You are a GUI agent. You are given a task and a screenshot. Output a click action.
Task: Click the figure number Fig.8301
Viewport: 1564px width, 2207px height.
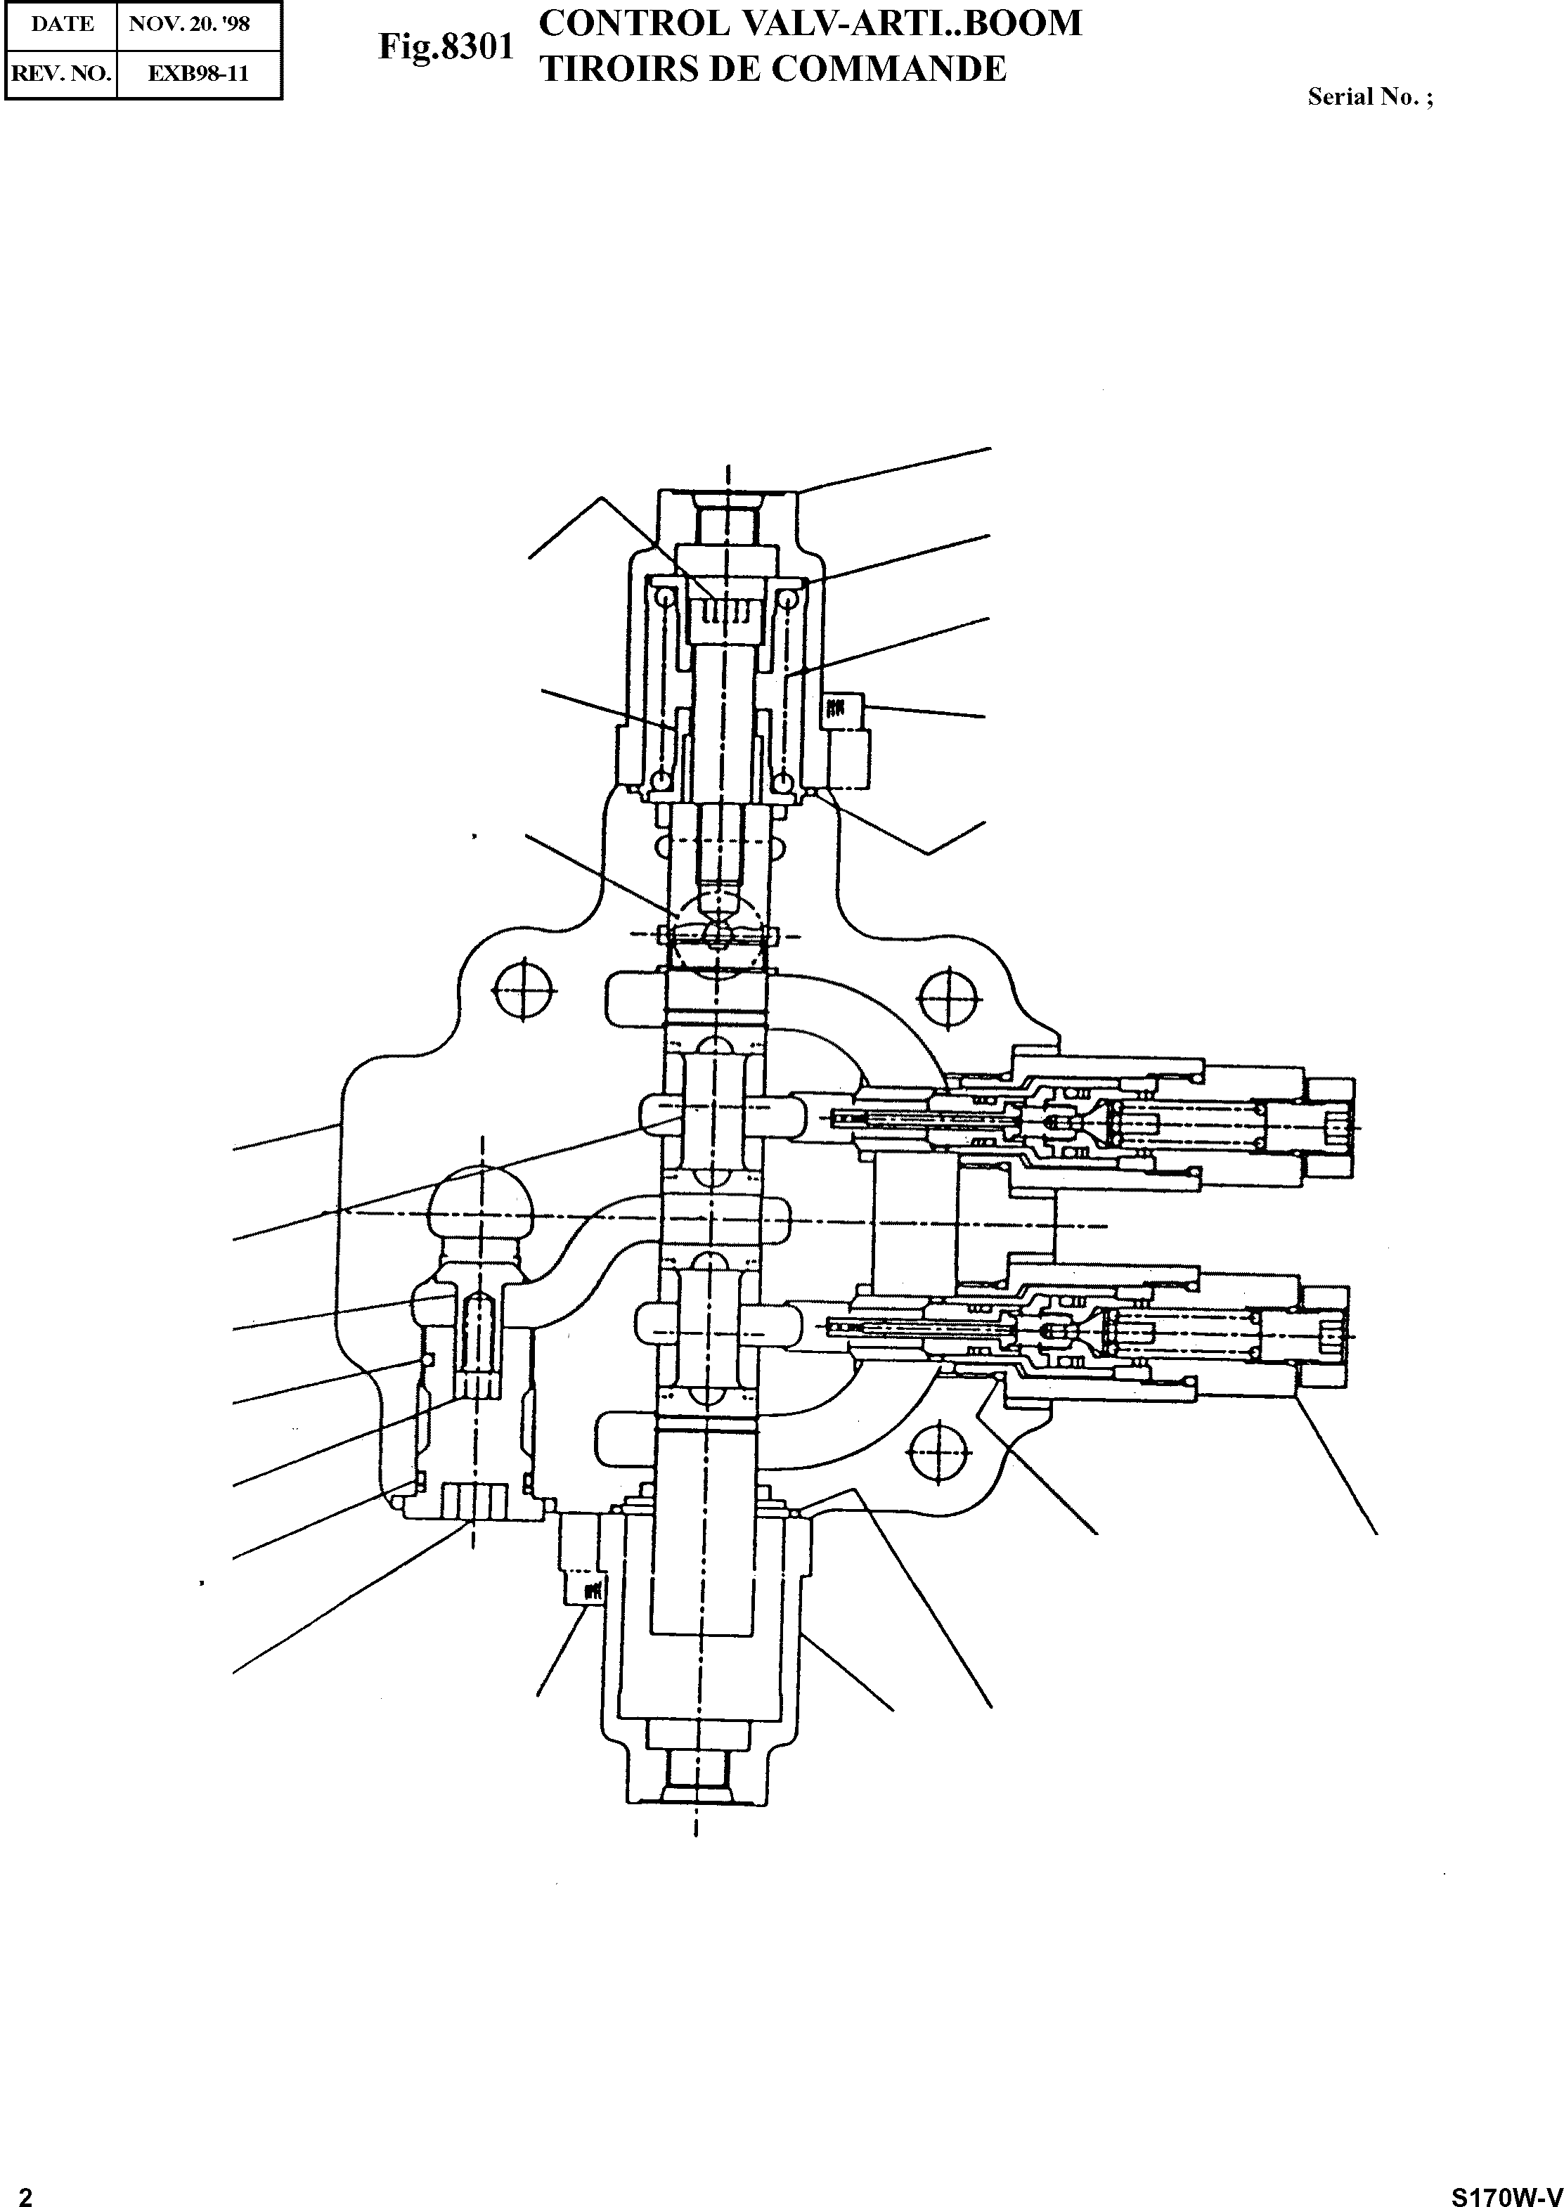pos(446,48)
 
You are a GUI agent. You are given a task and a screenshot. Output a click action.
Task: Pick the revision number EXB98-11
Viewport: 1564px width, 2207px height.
pos(198,73)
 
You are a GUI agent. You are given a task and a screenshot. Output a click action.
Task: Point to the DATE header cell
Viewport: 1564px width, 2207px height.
pos(62,24)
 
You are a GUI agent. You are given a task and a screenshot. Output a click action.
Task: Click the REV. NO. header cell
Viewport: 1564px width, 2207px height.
pos(62,73)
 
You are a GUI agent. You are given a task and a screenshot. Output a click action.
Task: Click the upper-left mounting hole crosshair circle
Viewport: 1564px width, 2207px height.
pos(524,989)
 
